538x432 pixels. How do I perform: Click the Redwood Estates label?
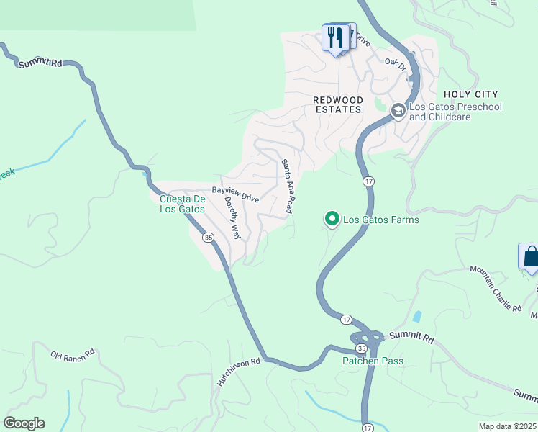[x=337, y=104]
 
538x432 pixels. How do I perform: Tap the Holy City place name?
[x=470, y=94]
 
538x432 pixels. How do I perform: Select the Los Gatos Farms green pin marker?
[x=332, y=217]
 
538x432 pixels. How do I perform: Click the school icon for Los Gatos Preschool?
[x=398, y=110]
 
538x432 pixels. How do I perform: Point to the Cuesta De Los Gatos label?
[x=182, y=204]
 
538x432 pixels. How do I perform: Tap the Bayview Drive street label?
[x=234, y=195]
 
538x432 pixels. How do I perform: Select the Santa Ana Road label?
[x=286, y=186]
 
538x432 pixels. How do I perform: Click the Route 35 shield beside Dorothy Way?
[x=207, y=237]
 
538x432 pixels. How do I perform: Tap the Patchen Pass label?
[x=373, y=361]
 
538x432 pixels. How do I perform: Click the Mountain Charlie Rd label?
[x=496, y=287]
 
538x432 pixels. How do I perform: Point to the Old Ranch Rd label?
[x=73, y=355]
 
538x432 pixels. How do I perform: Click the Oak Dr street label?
[x=396, y=64]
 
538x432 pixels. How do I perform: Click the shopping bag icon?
[x=530, y=257]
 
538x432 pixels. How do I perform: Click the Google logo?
[x=24, y=423]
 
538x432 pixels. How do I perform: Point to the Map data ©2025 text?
[x=507, y=426]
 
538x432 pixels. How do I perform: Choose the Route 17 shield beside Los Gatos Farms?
[x=368, y=182]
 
